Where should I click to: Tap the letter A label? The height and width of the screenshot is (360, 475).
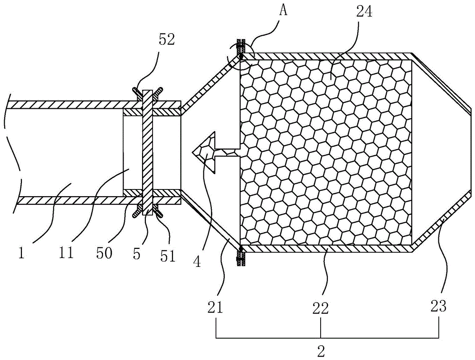click(x=284, y=11)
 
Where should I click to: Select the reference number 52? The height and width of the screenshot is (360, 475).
click(x=167, y=40)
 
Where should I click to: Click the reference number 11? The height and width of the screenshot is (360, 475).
click(x=67, y=252)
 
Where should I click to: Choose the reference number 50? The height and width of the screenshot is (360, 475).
click(x=104, y=252)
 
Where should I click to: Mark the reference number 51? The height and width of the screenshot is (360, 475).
click(x=168, y=256)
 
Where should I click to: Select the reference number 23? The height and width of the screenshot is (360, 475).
click(x=438, y=306)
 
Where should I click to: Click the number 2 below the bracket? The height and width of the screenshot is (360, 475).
click(x=321, y=351)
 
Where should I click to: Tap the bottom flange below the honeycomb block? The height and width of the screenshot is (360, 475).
click(x=241, y=257)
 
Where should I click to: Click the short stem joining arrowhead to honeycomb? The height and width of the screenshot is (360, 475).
click(x=228, y=152)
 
